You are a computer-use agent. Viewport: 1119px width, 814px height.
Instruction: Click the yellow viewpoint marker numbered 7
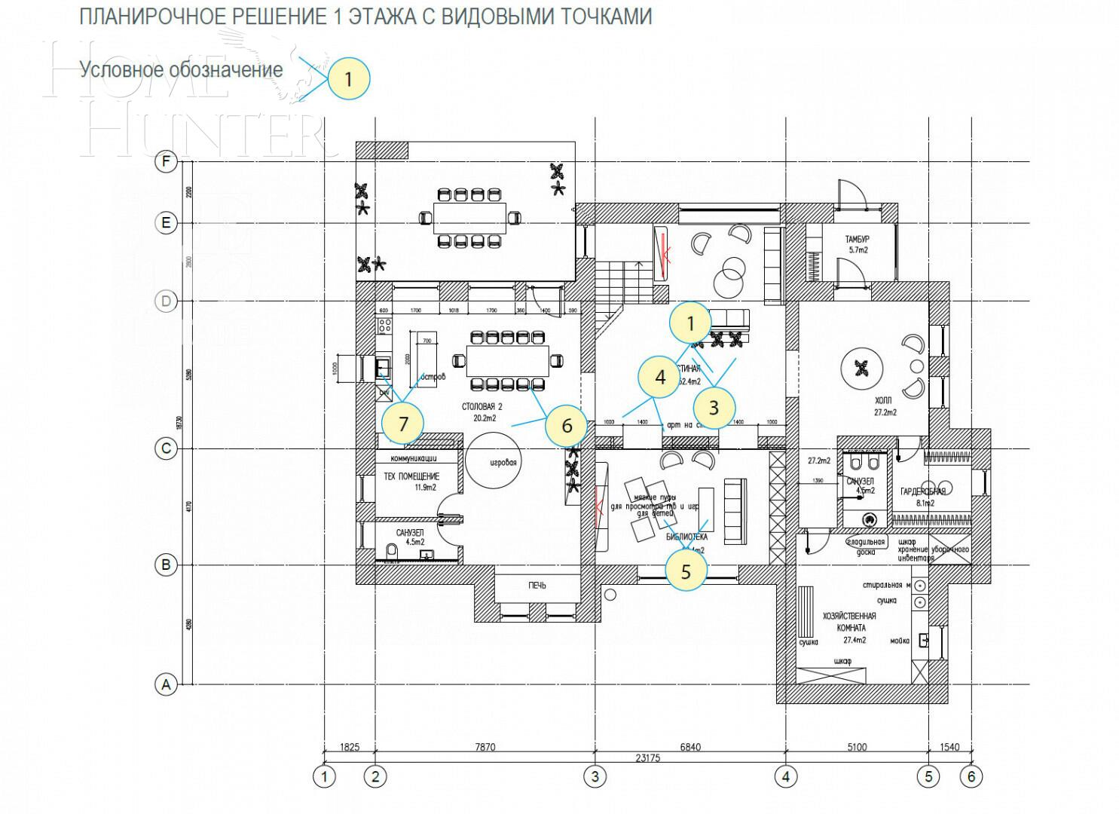pyautogui.click(x=403, y=424)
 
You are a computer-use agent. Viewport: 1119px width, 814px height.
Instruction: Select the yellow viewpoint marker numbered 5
pyautogui.click(x=686, y=571)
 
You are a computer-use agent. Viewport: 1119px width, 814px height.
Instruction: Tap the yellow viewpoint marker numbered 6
pyautogui.click(x=567, y=426)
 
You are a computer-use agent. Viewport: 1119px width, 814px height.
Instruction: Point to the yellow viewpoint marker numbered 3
pyautogui.click(x=714, y=408)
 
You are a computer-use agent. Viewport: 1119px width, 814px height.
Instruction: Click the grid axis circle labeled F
pyautogui.click(x=166, y=162)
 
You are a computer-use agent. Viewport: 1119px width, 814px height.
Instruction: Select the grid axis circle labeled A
pyautogui.click(x=166, y=685)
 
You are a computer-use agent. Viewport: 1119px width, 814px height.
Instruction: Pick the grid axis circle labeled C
pyautogui.click(x=166, y=449)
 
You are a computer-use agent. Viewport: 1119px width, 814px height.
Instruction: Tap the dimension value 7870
pyautogui.click(x=485, y=748)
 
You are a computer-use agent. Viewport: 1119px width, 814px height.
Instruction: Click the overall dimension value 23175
pyautogui.click(x=647, y=759)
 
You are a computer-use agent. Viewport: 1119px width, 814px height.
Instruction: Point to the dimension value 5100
pyautogui.click(x=857, y=748)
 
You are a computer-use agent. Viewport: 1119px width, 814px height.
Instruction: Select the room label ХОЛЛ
pyautogui.click(x=885, y=401)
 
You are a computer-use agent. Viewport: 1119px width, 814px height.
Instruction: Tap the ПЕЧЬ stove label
pyautogui.click(x=537, y=586)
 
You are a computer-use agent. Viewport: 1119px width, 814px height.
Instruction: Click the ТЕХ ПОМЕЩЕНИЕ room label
pyautogui.click(x=411, y=477)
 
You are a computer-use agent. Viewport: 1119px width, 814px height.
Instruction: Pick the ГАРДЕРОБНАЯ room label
pyautogui.click(x=922, y=491)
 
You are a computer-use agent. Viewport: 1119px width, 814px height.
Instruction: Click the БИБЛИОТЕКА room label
pyautogui.click(x=686, y=537)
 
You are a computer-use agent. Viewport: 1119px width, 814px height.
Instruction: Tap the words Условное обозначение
pyautogui.click(x=182, y=70)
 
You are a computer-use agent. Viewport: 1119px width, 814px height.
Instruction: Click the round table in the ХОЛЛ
pyautogui.click(x=861, y=368)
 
